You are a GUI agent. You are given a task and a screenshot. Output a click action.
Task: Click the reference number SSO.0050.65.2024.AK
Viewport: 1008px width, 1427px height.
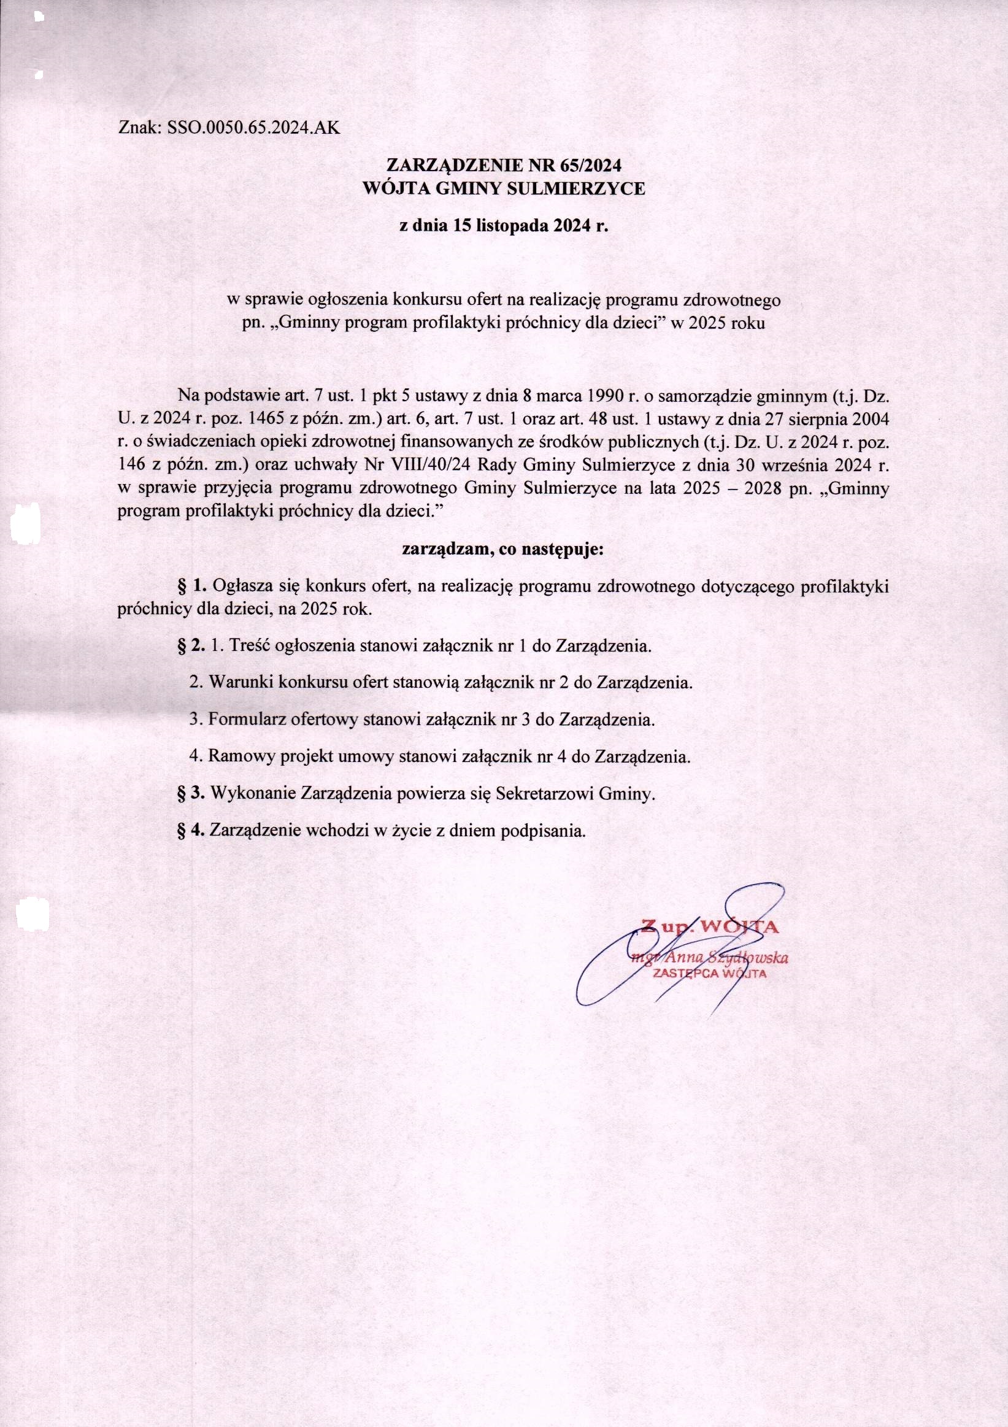[x=254, y=128]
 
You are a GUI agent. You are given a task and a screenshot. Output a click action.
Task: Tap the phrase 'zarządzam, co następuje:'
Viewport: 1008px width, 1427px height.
[x=503, y=550]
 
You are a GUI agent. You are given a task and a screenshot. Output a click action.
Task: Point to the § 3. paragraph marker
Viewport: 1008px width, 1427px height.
[x=191, y=793]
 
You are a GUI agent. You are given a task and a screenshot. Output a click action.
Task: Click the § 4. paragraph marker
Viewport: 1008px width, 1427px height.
[x=191, y=830]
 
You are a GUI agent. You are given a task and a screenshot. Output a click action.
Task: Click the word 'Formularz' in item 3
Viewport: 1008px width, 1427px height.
[x=247, y=720]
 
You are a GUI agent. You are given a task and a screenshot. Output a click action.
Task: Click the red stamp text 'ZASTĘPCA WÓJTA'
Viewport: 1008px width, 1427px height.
[x=709, y=973]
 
